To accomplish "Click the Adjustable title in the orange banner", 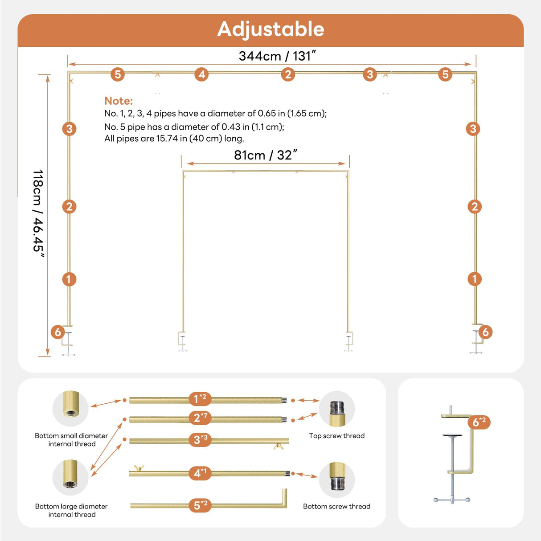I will (x=270, y=29).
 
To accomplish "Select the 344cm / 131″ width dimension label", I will (x=277, y=56).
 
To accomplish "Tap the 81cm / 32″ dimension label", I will (x=266, y=155).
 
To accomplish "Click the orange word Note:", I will (x=119, y=101).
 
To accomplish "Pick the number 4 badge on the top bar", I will (x=202, y=74).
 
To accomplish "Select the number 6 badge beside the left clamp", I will (x=57, y=332).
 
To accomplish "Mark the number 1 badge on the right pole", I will (x=475, y=279).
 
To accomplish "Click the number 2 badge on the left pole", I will (x=69, y=207).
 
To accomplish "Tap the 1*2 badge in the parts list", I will (x=199, y=398).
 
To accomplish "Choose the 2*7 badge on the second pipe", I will (x=200, y=418).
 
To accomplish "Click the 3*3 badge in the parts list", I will (x=200, y=440).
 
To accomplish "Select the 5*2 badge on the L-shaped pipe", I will (x=200, y=505).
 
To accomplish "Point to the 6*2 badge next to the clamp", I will (x=479, y=422).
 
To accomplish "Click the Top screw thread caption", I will (x=336, y=436).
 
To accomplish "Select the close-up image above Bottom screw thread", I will (x=336, y=480).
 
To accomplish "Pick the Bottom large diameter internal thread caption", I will (x=71, y=510).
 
